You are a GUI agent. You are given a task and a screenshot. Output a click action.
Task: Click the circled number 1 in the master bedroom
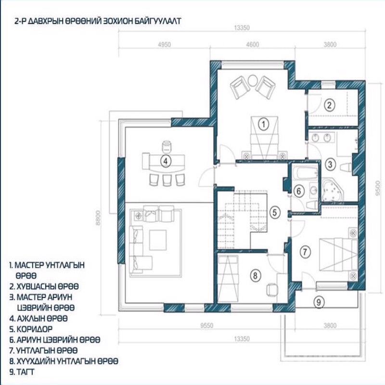point(263,124)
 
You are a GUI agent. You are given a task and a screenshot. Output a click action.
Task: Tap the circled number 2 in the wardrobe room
point(329,105)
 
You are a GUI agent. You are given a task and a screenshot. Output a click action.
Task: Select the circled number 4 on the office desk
point(166,161)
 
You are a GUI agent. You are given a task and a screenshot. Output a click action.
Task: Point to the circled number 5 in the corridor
point(274,212)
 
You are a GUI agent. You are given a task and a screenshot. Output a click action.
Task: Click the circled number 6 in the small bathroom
point(298,191)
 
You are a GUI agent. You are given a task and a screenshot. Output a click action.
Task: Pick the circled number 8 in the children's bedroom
point(255,275)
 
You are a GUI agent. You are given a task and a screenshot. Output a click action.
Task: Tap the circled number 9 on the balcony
point(319,302)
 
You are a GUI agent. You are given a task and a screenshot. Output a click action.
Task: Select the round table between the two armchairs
point(252,80)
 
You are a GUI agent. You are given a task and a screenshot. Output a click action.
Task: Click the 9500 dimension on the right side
point(378,188)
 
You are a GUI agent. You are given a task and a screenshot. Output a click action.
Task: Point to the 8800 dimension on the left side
point(98,218)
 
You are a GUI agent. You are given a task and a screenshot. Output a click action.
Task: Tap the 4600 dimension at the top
point(252,44)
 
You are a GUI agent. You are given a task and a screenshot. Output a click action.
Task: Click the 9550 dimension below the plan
point(207,326)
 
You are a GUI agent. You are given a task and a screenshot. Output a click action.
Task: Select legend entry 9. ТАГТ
point(22,372)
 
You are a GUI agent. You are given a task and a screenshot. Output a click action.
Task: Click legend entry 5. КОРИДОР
point(31,329)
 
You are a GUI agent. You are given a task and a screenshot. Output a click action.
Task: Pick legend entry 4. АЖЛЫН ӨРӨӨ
point(38,319)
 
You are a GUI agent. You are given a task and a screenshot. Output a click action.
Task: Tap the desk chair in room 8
point(271,289)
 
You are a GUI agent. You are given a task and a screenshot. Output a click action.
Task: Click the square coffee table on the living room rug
point(158,240)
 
